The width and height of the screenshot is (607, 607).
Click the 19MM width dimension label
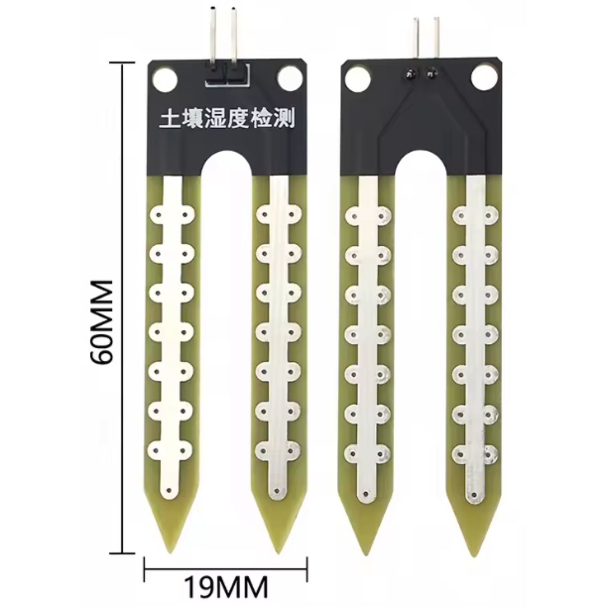coord(226,588)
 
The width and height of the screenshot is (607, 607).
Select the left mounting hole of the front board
coord(165,79)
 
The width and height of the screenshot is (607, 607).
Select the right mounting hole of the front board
coord(290,79)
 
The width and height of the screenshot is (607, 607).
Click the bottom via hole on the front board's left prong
coord(169,490)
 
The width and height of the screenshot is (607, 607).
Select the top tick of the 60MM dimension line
coord(122,62)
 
